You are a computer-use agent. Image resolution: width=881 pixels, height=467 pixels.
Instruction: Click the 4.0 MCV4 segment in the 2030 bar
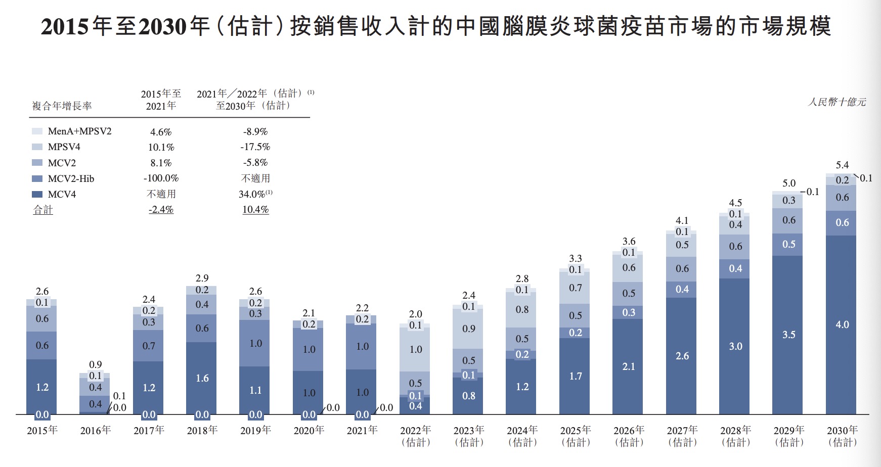(x=842, y=324)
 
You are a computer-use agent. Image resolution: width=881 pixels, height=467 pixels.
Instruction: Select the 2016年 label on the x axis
(x=96, y=430)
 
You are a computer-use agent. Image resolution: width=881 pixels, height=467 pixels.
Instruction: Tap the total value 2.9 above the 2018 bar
(x=202, y=278)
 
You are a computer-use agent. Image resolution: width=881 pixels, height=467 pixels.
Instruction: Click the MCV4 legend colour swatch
(x=37, y=195)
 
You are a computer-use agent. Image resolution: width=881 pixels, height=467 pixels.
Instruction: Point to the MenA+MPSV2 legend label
(x=79, y=131)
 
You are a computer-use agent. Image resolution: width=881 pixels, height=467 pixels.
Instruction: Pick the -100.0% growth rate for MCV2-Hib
(x=161, y=178)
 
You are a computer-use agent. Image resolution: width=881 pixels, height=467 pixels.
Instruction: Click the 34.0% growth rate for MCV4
(x=253, y=194)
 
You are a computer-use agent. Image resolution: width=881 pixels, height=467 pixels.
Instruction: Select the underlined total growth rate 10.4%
(x=255, y=210)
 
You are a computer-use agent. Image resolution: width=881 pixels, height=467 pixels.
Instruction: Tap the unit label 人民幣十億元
(x=836, y=102)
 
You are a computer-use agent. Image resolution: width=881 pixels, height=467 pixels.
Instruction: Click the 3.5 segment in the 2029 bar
(x=788, y=335)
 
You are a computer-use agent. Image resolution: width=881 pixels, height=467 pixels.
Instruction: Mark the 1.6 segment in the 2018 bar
(x=202, y=378)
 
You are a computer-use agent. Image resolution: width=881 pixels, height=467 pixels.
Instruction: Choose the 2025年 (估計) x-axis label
(x=576, y=436)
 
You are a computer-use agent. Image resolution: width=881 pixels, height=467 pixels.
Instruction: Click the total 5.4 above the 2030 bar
(x=842, y=165)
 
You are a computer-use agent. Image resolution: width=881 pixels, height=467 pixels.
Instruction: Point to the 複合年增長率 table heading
(x=62, y=106)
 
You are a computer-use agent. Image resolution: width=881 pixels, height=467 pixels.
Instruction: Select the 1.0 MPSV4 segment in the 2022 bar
(x=415, y=349)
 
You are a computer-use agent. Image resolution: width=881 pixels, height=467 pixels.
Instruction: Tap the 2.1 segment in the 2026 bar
(x=629, y=366)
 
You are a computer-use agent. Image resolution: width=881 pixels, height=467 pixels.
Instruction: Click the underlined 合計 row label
(x=43, y=210)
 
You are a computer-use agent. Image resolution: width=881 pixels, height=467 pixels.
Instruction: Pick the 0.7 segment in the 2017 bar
(x=149, y=346)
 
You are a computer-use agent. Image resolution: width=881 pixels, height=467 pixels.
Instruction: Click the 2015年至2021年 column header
(x=161, y=100)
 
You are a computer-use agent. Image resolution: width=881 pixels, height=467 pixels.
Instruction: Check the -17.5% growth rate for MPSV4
(x=255, y=147)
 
